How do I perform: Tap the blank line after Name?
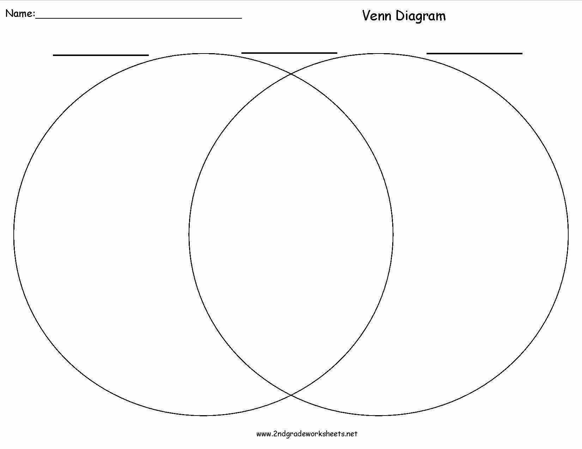tap(139, 18)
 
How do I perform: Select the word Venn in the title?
tap(377, 15)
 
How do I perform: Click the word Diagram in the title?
tap(420, 16)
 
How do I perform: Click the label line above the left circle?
tap(101, 55)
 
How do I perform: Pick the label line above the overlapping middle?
tap(289, 53)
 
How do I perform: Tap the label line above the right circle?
tap(474, 54)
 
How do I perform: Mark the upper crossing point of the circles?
tap(291, 74)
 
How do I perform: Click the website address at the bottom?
tap(307, 434)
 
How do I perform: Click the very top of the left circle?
tap(204, 54)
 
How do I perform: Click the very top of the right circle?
tap(378, 54)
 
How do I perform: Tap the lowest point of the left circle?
tap(204, 416)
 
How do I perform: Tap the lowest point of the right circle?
tap(378, 416)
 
